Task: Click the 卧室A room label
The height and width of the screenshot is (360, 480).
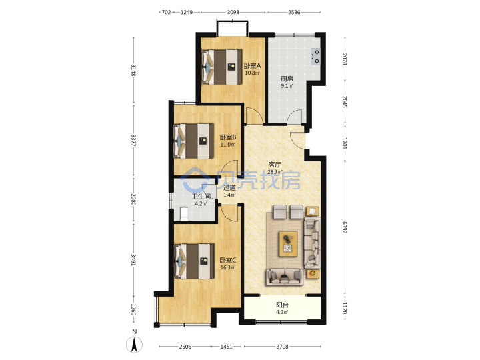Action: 252,66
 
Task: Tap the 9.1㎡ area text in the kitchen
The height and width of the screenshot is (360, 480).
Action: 287,86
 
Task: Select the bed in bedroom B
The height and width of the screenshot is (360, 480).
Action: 193,141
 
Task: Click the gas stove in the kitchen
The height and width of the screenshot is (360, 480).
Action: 315,57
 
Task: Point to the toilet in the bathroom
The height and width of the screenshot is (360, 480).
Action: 184,214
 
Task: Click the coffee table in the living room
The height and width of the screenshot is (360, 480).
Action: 288,244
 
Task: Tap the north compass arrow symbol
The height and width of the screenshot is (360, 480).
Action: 134,345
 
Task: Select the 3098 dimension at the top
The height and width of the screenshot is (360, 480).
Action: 233,12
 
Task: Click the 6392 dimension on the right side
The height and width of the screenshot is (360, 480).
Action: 345,227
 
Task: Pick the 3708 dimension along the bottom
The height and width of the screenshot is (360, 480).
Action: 282,347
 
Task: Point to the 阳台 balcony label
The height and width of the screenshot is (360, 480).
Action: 282,305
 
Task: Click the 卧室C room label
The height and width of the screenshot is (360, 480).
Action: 228,261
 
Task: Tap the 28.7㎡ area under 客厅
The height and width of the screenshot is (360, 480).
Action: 275,172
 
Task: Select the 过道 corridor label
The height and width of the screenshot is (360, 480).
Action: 229,187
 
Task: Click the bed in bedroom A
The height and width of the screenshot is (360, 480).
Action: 222,67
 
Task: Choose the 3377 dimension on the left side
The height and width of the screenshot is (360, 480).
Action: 133,141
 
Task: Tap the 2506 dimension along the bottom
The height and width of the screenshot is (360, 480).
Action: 185,347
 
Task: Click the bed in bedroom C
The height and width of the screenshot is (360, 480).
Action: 194,261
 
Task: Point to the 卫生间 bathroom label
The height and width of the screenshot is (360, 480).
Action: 201,197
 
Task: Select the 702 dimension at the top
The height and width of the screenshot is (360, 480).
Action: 166,12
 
